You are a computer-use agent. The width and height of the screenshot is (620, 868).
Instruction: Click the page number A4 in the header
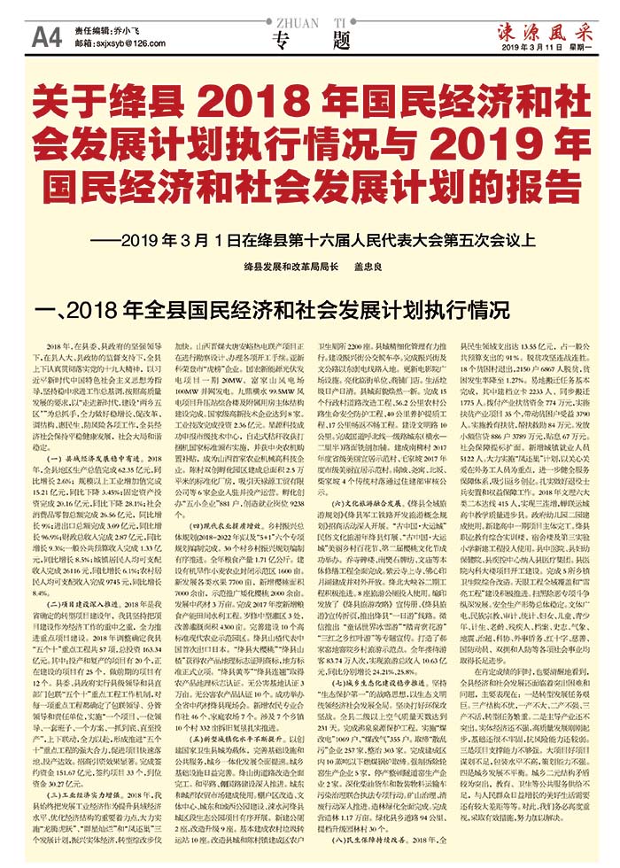tap(46, 36)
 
